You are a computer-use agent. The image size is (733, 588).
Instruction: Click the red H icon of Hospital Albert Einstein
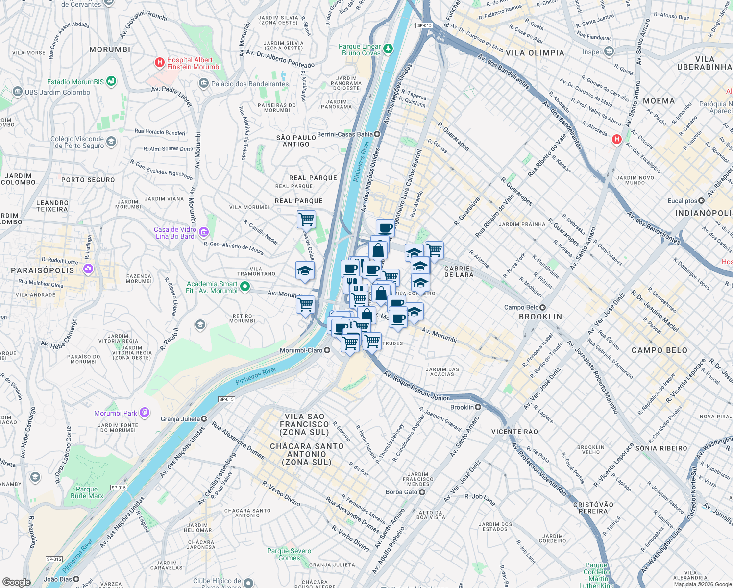(159, 63)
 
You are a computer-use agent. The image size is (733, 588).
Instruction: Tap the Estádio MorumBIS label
(75, 82)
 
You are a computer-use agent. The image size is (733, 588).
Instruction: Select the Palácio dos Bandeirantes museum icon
(204, 84)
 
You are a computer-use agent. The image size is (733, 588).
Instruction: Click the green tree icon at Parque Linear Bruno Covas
(388, 49)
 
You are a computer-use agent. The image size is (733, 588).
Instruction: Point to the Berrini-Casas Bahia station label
(345, 134)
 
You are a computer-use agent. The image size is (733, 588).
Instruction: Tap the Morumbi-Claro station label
(301, 350)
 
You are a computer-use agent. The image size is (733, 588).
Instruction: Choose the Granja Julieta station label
(180, 419)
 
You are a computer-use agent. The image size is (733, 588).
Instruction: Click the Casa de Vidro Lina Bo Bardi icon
(204, 232)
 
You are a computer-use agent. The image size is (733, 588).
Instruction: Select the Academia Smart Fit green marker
(245, 287)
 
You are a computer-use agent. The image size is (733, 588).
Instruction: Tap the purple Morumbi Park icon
(144, 413)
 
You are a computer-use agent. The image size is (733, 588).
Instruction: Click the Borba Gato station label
(401, 492)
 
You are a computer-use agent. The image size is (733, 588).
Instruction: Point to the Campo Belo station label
(521, 307)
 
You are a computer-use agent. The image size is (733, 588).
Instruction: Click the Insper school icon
(609, 51)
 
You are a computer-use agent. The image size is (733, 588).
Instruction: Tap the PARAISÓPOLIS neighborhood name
(43, 270)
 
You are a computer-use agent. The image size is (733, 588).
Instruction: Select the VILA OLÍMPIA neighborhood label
(535, 53)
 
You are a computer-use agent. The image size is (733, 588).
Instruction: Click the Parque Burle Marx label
(87, 492)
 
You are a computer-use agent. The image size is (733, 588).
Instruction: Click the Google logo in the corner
(16, 582)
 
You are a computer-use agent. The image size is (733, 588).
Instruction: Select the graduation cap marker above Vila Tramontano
(305, 271)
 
